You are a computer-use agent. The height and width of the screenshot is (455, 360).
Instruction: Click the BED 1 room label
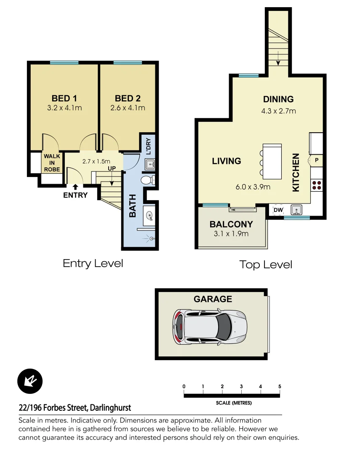click(x=64, y=98)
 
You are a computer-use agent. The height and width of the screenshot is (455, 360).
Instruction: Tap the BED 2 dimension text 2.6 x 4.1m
click(x=128, y=108)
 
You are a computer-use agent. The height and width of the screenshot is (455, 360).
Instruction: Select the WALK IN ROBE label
click(x=52, y=163)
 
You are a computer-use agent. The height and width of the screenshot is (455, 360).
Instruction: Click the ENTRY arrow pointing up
click(x=75, y=187)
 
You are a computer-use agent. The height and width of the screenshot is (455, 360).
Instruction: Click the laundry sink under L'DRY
click(x=150, y=165)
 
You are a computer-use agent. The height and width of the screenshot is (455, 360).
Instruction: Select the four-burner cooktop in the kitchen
click(x=316, y=185)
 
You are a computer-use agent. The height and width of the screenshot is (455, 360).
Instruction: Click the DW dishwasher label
click(x=278, y=210)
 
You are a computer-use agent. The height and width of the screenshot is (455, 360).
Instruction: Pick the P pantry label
click(x=316, y=160)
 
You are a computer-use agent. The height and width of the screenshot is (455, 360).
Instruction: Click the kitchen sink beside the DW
click(x=297, y=209)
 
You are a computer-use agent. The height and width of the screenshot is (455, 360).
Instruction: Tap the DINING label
click(x=278, y=99)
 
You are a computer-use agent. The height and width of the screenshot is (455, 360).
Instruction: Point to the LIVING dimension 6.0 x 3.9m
click(x=253, y=187)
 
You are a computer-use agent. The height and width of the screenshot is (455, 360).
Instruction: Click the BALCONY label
click(x=231, y=224)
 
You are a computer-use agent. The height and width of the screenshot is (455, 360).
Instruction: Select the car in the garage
click(x=209, y=327)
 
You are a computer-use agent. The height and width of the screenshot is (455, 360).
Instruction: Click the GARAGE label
click(x=213, y=299)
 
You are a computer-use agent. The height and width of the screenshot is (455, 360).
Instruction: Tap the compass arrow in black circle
click(x=30, y=382)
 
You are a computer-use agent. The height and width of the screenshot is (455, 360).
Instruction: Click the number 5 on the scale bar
click(x=280, y=386)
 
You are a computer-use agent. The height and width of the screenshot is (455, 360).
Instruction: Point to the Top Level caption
click(x=265, y=265)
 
